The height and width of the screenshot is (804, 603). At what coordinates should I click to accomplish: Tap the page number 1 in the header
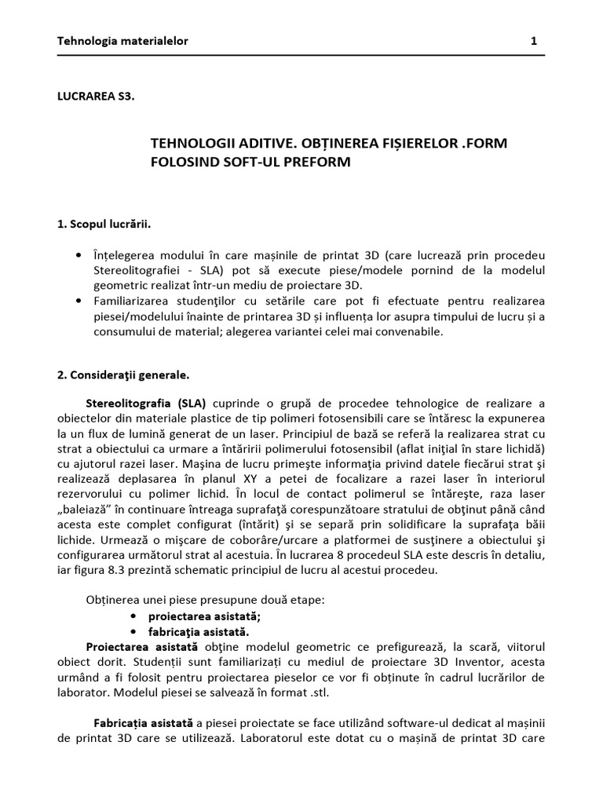pyautogui.click(x=534, y=40)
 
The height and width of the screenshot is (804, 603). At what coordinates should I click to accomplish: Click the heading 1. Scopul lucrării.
pyautogui.click(x=104, y=224)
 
